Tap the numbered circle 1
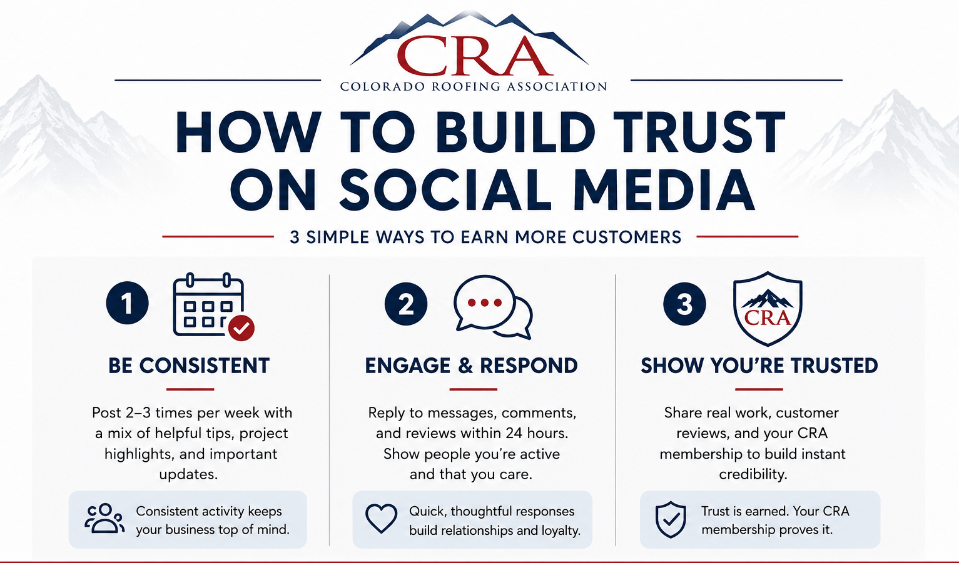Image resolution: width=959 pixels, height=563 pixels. pos(127,303)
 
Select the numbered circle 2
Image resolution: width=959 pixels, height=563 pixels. pos(406,304)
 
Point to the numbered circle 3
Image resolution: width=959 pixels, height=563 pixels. pos(684,304)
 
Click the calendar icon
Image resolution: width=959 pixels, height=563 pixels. pos(208,304)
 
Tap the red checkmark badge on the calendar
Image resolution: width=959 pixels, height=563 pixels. pos(241,328)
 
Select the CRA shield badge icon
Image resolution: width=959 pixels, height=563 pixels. pos(768,309)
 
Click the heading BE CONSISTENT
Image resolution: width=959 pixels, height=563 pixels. pos(189,366)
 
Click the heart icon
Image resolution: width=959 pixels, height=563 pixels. pos(381,519)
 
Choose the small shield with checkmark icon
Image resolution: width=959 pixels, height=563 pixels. pos(671,519)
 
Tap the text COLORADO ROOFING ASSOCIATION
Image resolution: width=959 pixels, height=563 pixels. pos(474,86)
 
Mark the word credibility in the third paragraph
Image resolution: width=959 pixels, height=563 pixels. pos(753,474)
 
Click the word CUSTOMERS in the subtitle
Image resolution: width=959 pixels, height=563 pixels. pos(627,237)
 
